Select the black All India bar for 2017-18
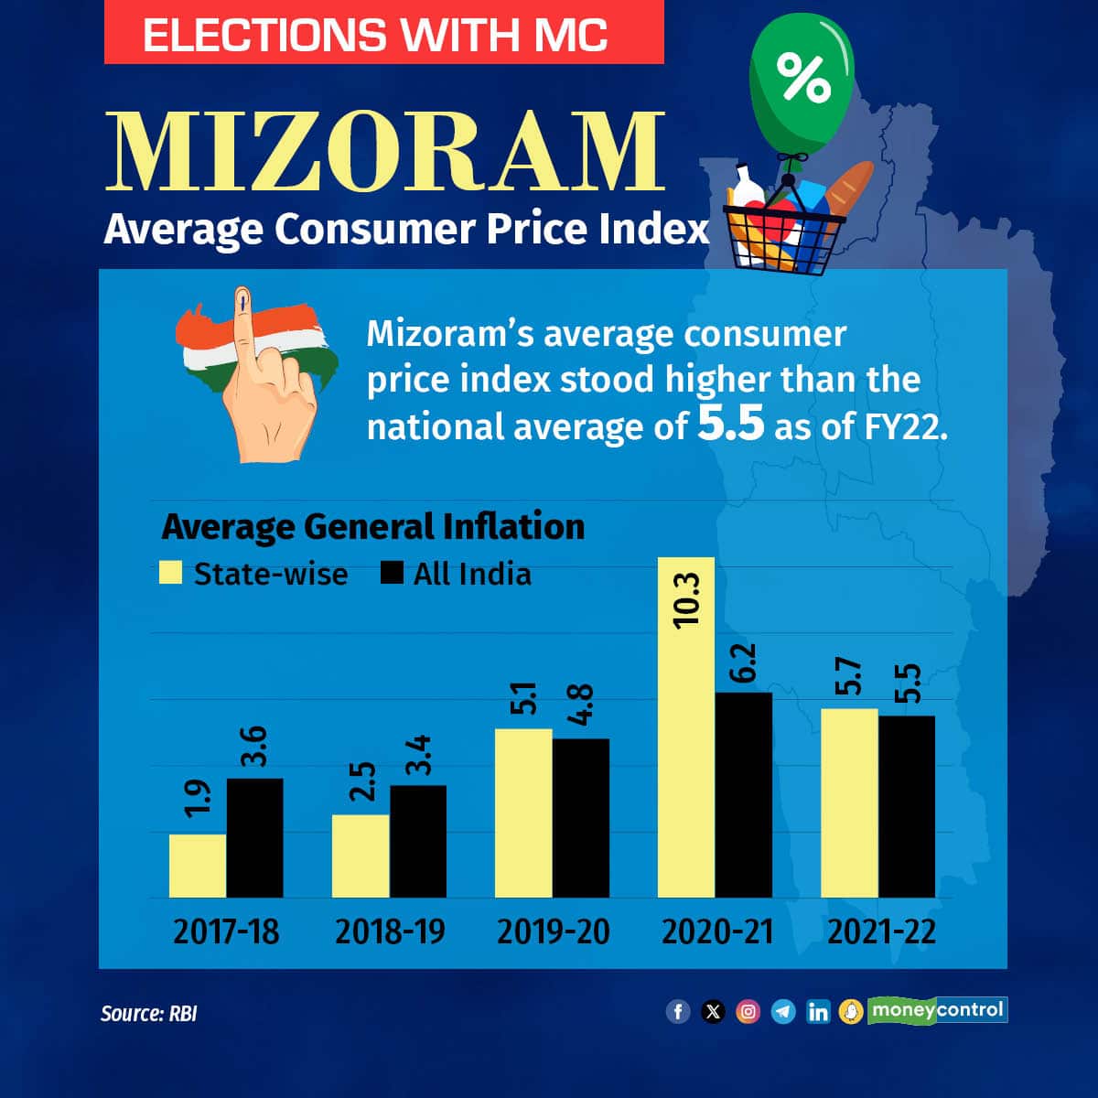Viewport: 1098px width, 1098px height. (254, 837)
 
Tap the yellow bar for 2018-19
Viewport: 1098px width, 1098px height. (361, 856)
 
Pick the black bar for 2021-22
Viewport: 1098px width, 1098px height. (907, 805)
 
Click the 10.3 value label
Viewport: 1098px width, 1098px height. (685, 599)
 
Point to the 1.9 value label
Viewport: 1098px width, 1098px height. (198, 796)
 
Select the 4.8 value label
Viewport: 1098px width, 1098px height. (581, 705)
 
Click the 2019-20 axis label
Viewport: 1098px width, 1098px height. (553, 931)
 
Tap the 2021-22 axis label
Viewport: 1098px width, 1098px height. (881, 931)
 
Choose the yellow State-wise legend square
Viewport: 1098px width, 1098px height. (171, 573)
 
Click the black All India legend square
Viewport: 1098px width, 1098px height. (392, 573)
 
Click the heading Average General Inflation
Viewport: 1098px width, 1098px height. (372, 526)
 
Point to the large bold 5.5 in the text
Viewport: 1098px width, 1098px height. (730, 425)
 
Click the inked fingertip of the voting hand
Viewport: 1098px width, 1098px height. (242, 298)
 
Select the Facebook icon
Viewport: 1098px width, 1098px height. (678, 1011)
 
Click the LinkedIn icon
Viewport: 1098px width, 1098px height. (817, 1011)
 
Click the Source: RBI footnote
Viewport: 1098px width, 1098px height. (148, 1014)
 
